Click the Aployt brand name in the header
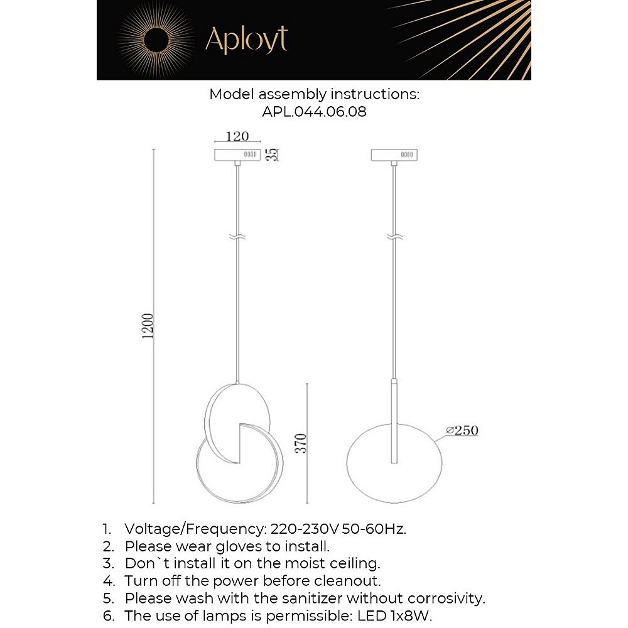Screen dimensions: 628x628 tap(246, 40)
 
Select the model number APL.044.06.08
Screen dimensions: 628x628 tap(314, 112)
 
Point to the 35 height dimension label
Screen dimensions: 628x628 tap(273, 154)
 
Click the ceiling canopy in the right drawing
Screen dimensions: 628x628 tap(395, 154)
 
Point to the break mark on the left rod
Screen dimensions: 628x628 tap(237, 238)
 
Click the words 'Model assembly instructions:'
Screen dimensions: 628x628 tap(314, 95)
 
